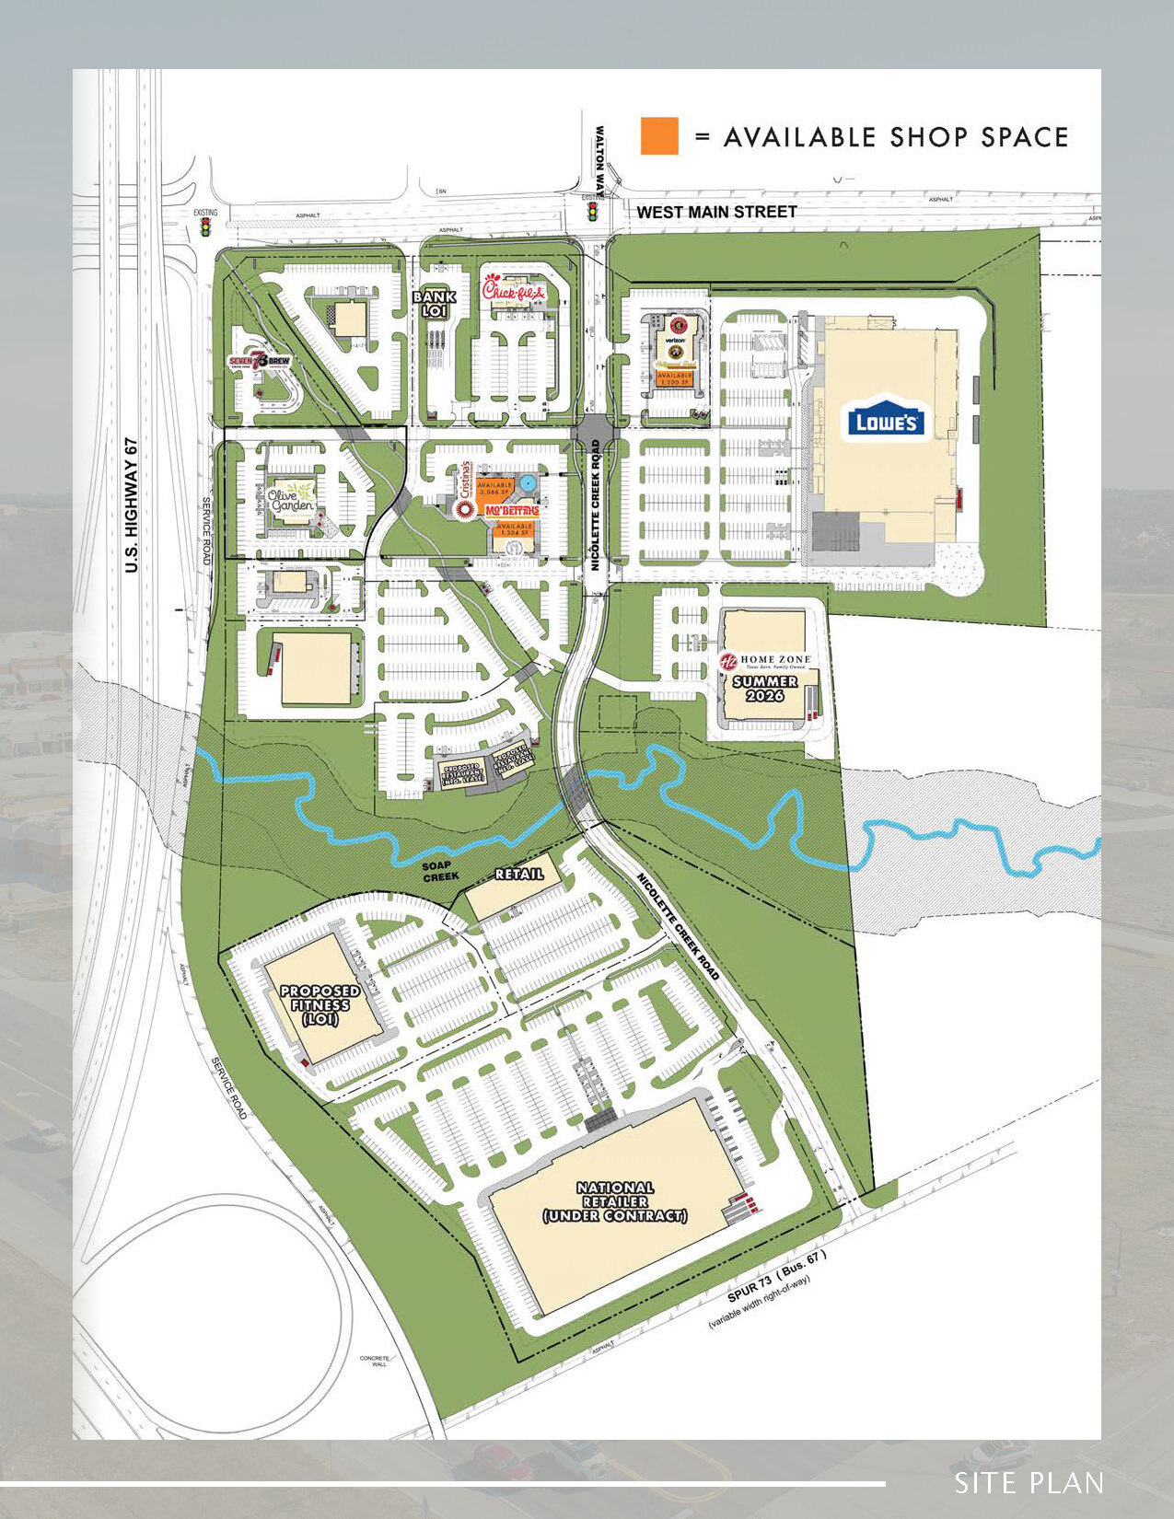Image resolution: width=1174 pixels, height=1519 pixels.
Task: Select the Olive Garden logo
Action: pos(293,496)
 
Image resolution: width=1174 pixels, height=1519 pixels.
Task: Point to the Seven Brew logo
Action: pos(260,362)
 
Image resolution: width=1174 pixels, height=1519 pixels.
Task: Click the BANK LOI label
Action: pos(434,304)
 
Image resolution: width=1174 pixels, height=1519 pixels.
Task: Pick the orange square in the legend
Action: pos(659,136)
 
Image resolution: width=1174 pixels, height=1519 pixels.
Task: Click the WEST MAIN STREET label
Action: pos(716,212)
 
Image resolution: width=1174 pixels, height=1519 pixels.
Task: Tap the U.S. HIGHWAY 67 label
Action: pos(131,504)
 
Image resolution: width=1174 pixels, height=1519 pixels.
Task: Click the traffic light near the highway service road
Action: pos(204,227)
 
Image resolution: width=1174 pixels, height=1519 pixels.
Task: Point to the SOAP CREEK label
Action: pos(440,871)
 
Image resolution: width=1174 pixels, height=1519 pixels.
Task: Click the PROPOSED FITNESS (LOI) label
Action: pos(320,1004)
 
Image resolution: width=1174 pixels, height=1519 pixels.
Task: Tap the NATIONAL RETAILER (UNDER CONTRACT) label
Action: pos(615,1201)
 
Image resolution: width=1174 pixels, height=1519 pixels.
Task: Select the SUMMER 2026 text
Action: pos(764,688)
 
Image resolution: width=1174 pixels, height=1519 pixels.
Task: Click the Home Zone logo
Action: pos(764,661)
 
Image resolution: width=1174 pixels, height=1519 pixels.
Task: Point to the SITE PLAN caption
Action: pos(1028,1483)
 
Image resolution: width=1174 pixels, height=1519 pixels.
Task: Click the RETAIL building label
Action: pos(518,874)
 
